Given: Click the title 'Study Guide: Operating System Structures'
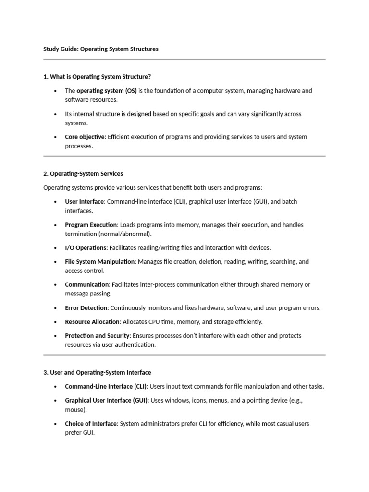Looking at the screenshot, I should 100,49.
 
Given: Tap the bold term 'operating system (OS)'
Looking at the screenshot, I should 107,91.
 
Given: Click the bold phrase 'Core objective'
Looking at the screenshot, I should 85,137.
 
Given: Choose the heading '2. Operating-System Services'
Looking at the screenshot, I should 83,174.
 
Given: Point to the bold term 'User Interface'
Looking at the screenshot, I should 84,202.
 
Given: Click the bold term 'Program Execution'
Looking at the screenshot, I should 91,225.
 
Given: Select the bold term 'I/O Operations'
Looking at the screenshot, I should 86,248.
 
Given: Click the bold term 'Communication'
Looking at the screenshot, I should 87,284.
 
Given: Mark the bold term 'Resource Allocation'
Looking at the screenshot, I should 92,322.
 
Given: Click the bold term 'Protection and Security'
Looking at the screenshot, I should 97,336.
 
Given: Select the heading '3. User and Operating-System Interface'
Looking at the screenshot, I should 97,372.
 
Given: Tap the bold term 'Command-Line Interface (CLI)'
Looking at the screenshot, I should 106,386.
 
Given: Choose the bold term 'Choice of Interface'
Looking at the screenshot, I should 91,424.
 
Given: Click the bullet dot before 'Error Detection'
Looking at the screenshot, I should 56,308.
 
